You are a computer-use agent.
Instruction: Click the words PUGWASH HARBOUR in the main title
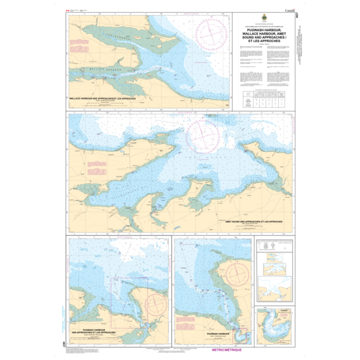(x=263, y=28)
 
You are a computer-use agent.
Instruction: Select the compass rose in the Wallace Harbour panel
(x=211, y=31)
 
